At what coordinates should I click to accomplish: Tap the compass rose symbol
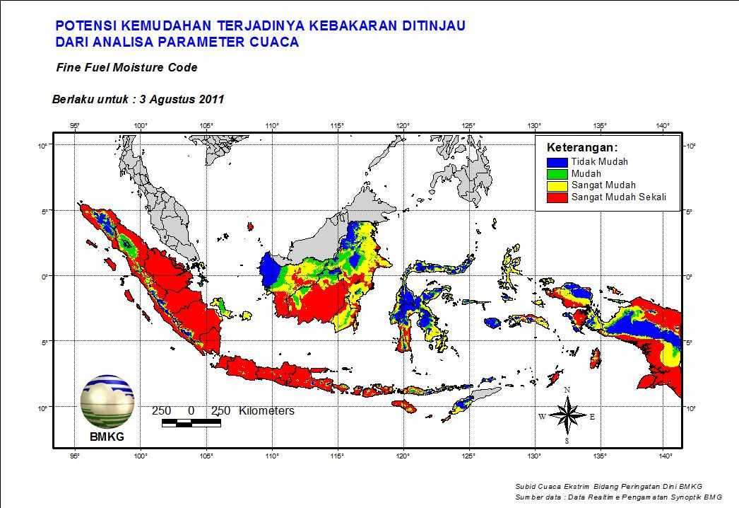(x=567, y=416)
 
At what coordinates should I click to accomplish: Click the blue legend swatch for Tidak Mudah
(x=557, y=162)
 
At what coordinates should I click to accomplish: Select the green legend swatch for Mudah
(x=557, y=174)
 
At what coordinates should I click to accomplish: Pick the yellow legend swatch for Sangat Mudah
(x=557, y=185)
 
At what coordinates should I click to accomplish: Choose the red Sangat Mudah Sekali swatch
(x=557, y=197)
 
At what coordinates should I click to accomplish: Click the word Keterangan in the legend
(x=581, y=148)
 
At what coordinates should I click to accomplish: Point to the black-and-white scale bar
(x=191, y=423)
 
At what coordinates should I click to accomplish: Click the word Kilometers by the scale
(x=266, y=411)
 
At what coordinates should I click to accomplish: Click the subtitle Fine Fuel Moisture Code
(x=126, y=68)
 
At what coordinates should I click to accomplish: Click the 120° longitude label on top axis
(x=403, y=126)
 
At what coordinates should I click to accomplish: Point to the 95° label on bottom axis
(x=75, y=455)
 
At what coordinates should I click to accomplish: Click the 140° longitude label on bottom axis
(x=663, y=455)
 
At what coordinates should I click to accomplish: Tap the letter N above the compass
(x=567, y=391)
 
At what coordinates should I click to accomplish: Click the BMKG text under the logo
(x=107, y=437)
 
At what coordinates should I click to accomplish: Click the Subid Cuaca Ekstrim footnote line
(x=608, y=486)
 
